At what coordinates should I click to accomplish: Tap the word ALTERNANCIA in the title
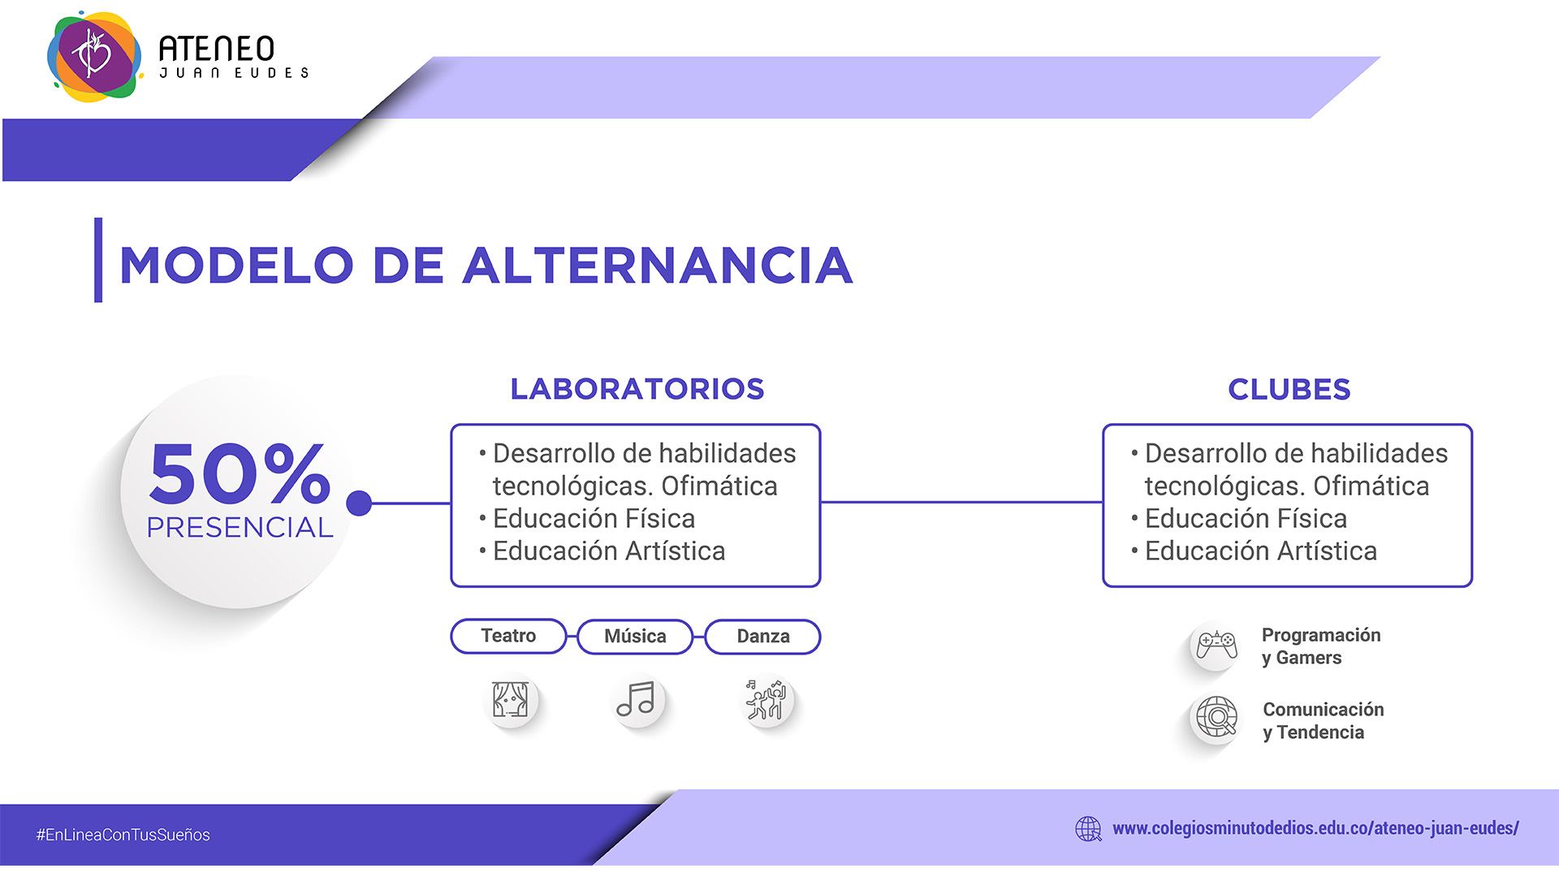pos(658,266)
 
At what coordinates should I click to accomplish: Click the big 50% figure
pos(240,473)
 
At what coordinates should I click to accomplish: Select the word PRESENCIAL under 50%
pos(240,528)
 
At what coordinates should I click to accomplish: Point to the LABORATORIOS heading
pos(637,389)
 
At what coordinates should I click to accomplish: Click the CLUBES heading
pos(1289,389)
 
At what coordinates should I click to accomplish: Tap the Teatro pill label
pos(508,636)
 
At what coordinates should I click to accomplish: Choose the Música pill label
pos(635,637)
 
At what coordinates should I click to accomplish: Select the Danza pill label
pos(763,637)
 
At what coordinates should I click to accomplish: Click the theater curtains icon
pos(510,699)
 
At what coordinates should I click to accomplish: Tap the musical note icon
pos(636,699)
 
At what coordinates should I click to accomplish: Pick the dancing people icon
pos(766,699)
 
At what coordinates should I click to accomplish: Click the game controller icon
pos(1216,646)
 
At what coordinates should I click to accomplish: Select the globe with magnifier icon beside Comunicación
pos(1216,718)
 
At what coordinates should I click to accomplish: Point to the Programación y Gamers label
pos(1321,646)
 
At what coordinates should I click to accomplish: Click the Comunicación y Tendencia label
pos(1324,721)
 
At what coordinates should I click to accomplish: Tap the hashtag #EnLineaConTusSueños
pos(123,835)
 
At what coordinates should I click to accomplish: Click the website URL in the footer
pos(1315,828)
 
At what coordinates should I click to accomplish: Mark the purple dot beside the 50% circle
pos(359,503)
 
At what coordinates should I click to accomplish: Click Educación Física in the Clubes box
pos(1246,518)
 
